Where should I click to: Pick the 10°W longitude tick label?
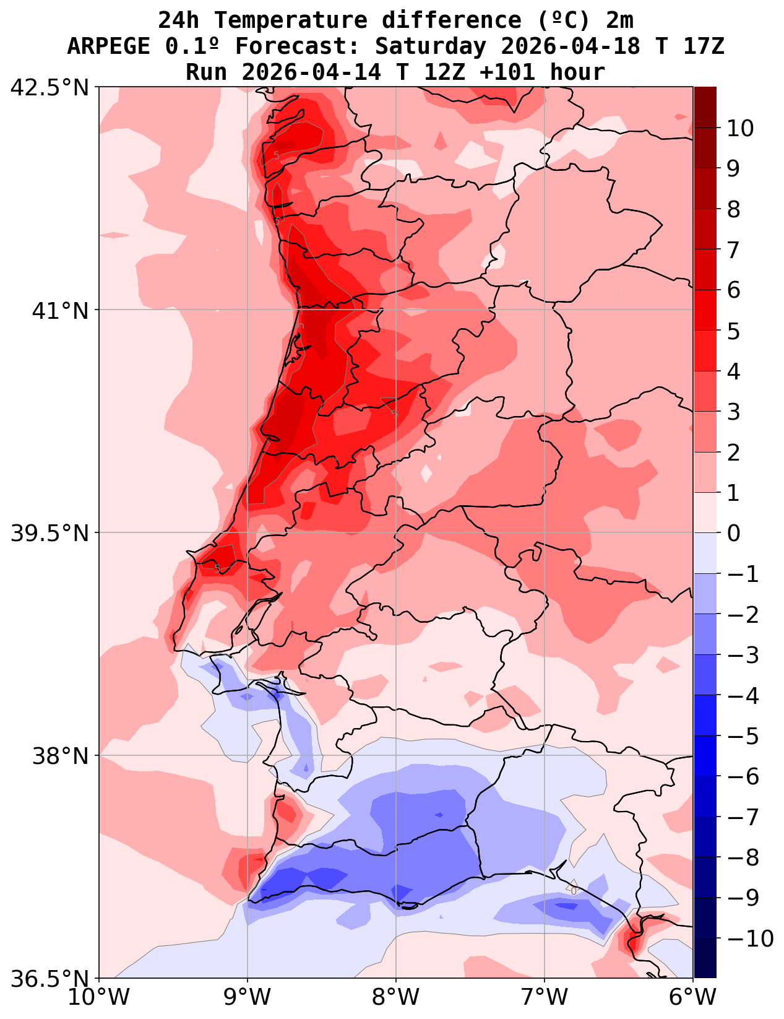99,997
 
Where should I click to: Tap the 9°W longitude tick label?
248,997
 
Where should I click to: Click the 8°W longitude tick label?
396,997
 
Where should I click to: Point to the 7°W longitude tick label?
545,997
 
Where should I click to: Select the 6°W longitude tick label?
693,997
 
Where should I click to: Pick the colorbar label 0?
733,533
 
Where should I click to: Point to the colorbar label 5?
733,331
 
